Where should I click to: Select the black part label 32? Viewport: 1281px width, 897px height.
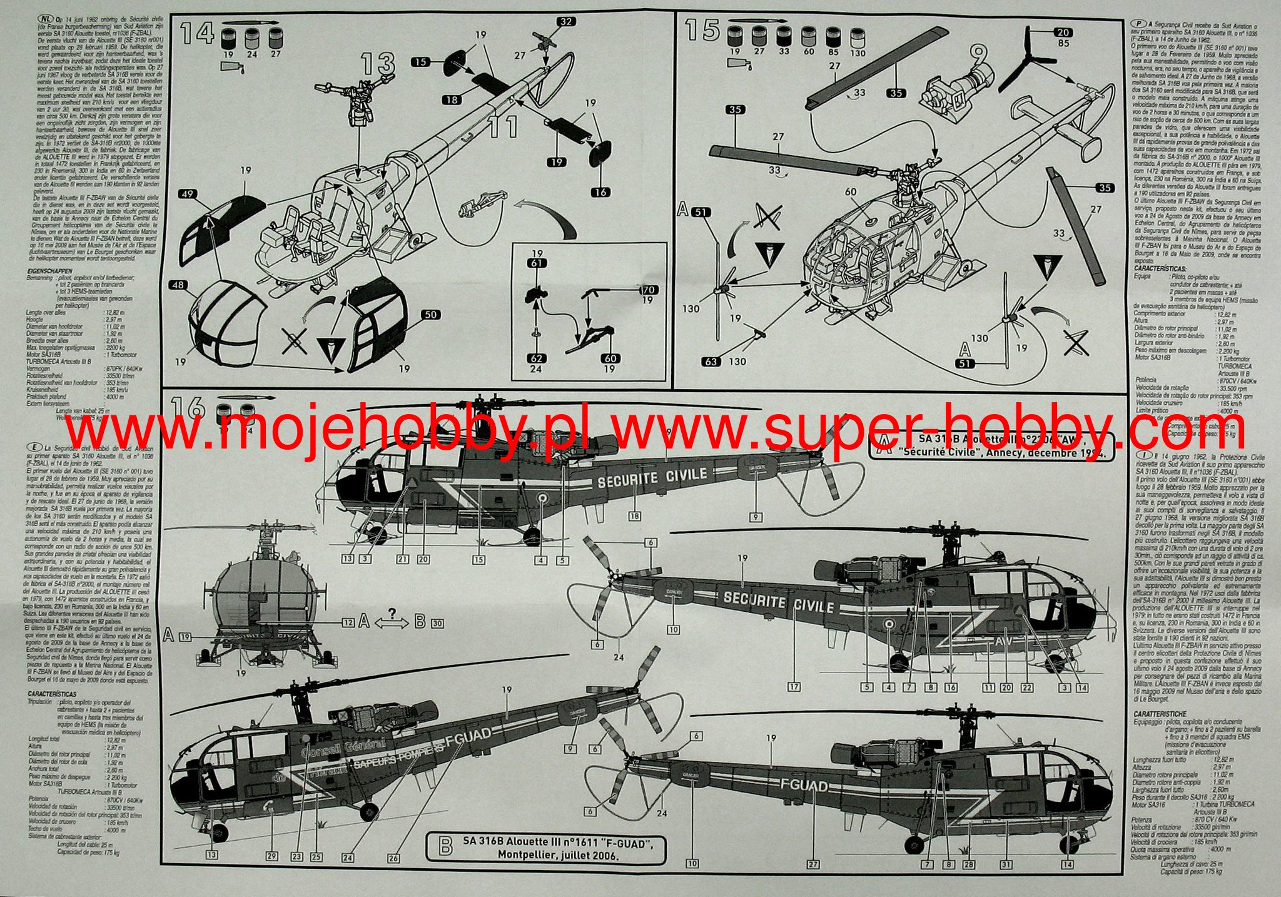pos(565,22)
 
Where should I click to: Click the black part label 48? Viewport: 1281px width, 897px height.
pos(179,285)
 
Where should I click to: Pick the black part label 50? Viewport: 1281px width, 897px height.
pos(431,315)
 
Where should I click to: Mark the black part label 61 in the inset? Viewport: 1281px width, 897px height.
pos(536,263)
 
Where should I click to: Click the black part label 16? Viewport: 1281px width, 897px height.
pos(600,191)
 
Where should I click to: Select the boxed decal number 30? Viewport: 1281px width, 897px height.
pos(437,623)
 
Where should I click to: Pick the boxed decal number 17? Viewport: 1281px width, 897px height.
pos(794,687)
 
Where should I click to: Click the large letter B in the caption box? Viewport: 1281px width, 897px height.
pos(446,847)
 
